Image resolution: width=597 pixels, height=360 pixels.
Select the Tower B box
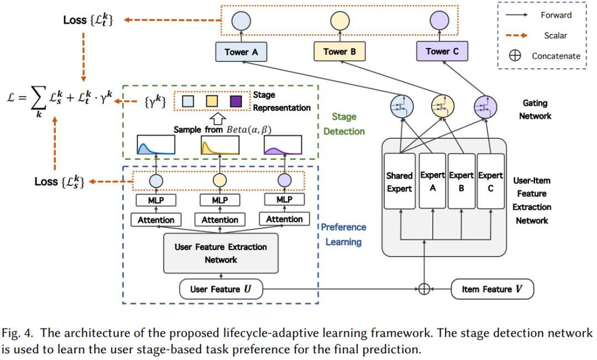pos(339,51)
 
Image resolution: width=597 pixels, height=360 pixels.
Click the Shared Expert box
pos(399,182)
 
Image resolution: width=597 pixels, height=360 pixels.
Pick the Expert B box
pos(460,182)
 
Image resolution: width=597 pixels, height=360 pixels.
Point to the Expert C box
pos(490,182)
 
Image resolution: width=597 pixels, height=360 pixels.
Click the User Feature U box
pos(220,289)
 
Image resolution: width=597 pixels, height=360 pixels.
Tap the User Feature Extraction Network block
pos(221,253)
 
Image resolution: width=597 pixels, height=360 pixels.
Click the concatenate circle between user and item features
pos(424,289)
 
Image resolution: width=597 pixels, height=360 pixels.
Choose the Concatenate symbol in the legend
pos(515,55)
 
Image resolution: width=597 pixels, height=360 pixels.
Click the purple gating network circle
pos(485,106)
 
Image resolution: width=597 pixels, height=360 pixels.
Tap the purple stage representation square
pos(235,101)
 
